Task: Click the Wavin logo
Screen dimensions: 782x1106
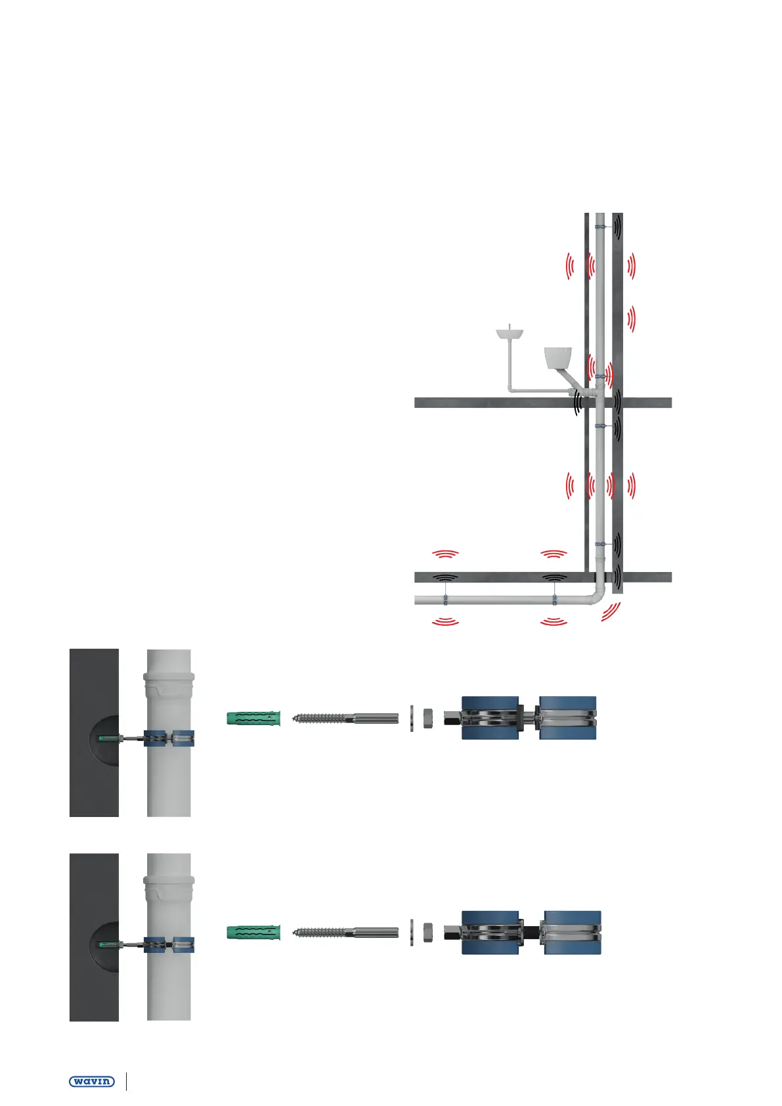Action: [92, 1081]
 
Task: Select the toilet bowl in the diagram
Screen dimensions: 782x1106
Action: [558, 358]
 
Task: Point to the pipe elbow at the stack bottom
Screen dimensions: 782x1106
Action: [596, 595]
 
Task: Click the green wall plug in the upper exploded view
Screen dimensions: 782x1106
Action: [253, 718]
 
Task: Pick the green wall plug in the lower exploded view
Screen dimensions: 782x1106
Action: [253, 932]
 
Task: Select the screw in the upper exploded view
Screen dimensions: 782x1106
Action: [345, 718]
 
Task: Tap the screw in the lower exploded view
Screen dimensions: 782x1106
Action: [345, 932]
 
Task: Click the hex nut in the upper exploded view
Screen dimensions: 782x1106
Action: [428, 718]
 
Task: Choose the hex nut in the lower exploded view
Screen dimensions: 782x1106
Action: [428, 932]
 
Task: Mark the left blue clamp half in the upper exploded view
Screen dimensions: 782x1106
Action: [490, 718]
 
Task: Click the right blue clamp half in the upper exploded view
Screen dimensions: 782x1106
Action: [568, 718]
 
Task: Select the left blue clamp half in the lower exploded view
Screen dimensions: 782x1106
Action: [490, 932]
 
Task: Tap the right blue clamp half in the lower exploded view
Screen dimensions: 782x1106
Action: [573, 932]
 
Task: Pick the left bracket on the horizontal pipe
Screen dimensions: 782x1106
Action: [445, 600]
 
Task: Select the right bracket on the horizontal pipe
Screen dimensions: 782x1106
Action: [554, 600]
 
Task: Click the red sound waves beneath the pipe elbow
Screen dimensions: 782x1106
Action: [611, 613]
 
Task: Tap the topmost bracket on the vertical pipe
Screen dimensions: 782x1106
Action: [600, 227]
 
